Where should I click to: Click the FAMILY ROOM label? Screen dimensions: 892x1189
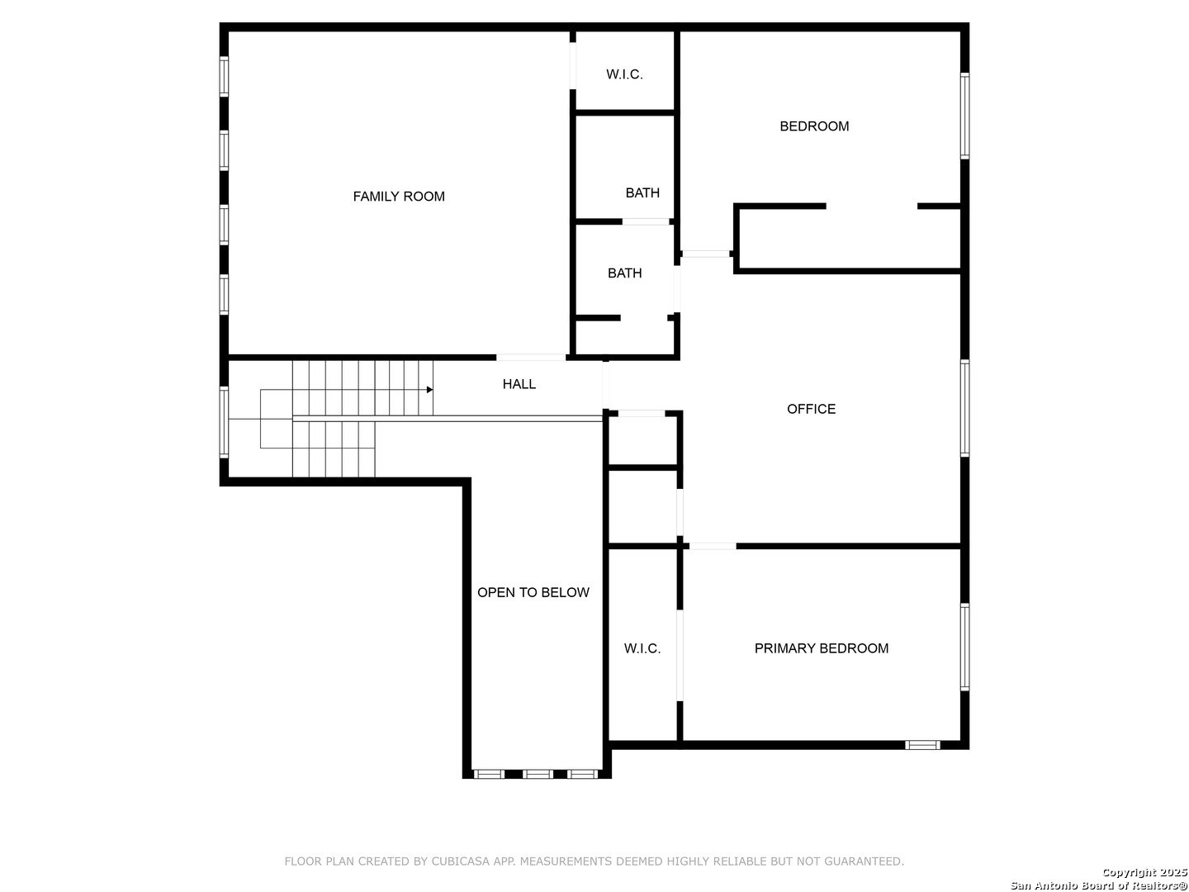pyautogui.click(x=399, y=197)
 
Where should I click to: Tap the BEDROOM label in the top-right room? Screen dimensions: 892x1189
pyautogui.click(x=814, y=126)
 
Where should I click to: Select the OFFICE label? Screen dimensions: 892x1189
pyautogui.click(x=811, y=409)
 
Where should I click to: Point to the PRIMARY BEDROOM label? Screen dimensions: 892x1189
pyautogui.click(x=821, y=648)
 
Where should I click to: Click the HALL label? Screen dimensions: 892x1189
pyautogui.click(x=519, y=384)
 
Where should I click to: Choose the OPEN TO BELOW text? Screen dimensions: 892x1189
pyautogui.click(x=533, y=592)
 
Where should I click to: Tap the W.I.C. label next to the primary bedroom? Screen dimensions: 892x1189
pyautogui.click(x=642, y=648)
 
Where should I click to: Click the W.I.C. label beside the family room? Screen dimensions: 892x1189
pyautogui.click(x=624, y=74)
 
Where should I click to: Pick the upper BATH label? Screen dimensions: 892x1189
pyautogui.click(x=642, y=193)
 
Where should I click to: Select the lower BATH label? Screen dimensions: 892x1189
pyautogui.click(x=624, y=273)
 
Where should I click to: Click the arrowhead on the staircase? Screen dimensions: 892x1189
pyautogui.click(x=429, y=389)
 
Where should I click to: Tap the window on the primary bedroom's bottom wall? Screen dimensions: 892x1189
pyautogui.click(x=922, y=745)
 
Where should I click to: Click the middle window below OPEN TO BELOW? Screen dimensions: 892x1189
pyautogui.click(x=538, y=774)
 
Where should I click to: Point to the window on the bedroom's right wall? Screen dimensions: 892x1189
pyautogui.click(x=964, y=116)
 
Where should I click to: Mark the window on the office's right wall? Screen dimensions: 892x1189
pyautogui.click(x=964, y=408)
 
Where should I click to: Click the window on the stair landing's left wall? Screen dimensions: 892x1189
pyautogui.click(x=224, y=421)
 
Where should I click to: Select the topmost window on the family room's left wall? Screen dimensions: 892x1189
pyautogui.click(x=224, y=76)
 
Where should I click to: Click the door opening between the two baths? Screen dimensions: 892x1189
pyautogui.click(x=646, y=221)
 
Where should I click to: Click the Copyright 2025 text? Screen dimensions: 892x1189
pyautogui.click(x=1144, y=872)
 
